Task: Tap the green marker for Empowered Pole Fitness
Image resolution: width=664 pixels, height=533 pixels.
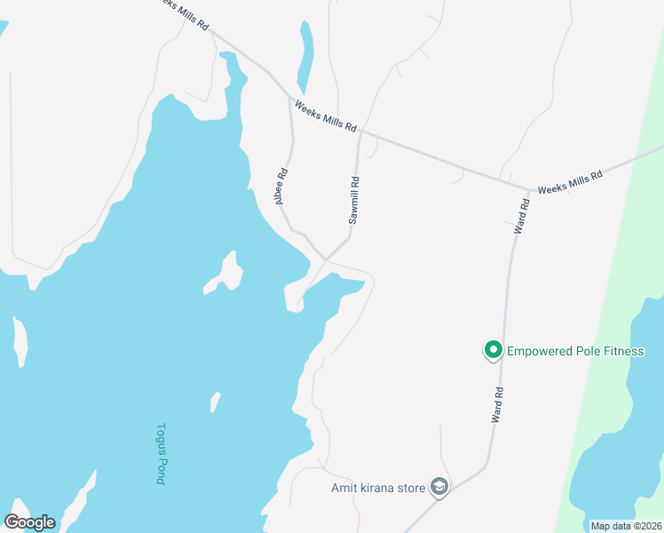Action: pos(493,351)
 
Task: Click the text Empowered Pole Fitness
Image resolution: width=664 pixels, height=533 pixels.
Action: pos(574,351)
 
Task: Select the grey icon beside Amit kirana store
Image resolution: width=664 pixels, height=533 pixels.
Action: pos(439,487)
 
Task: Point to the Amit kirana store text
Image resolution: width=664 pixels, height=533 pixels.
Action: pos(379,487)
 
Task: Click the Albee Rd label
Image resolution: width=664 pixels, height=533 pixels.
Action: pos(281,187)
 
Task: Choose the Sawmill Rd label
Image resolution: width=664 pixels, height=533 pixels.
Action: pos(354,200)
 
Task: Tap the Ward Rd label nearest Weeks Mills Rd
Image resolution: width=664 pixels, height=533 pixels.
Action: pos(523,216)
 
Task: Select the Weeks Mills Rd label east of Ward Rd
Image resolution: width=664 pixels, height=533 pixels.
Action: pos(570,181)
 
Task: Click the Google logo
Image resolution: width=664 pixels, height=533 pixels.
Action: pos(29,522)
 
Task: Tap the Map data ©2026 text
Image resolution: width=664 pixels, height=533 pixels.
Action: pos(625,526)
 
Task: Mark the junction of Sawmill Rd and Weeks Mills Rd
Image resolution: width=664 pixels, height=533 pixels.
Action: pos(360,131)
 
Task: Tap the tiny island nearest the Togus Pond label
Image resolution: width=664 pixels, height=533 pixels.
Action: pos(215,402)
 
